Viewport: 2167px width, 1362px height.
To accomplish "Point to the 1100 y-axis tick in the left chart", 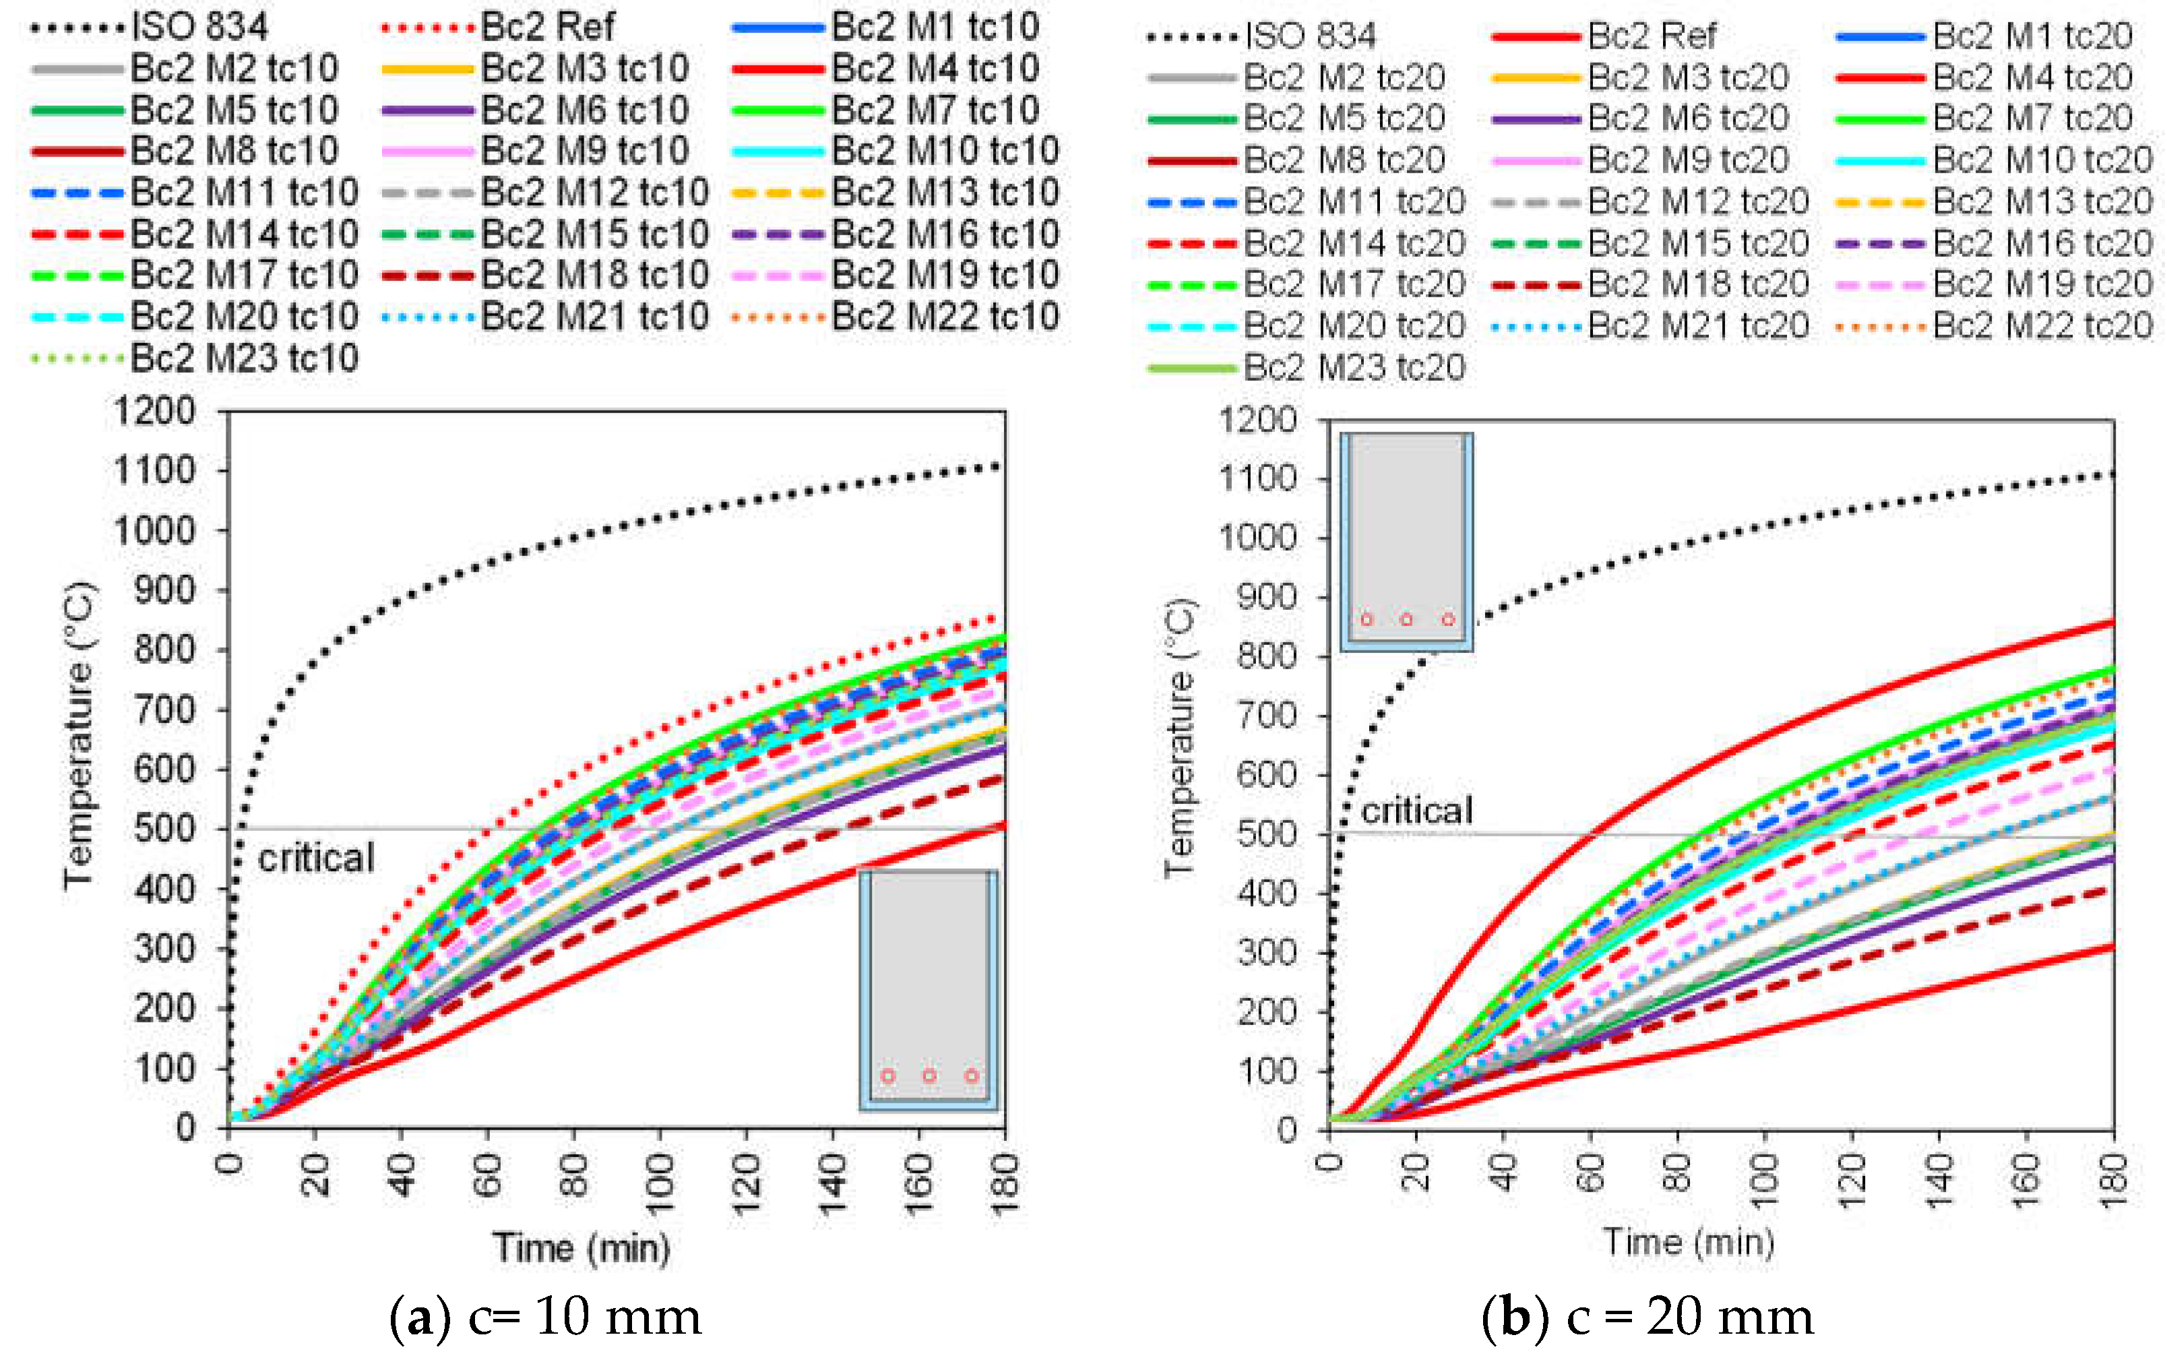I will (x=155, y=470).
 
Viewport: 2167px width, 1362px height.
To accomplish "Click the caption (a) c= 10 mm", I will (x=545, y=1317).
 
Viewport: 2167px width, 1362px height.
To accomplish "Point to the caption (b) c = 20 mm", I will (x=1647, y=1317).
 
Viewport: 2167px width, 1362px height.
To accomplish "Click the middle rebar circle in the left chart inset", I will (x=929, y=1076).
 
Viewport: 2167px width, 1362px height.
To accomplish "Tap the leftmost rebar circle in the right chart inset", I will (x=1366, y=619).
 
